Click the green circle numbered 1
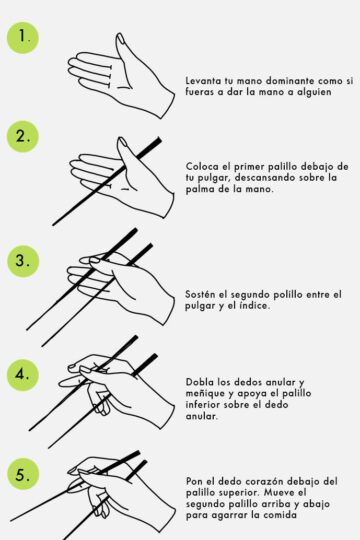(23, 37)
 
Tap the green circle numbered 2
(23, 136)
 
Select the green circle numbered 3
(23, 261)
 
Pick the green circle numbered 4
(23, 375)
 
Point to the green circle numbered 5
(23, 474)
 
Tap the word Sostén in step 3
(200, 295)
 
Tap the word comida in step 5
(280, 516)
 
